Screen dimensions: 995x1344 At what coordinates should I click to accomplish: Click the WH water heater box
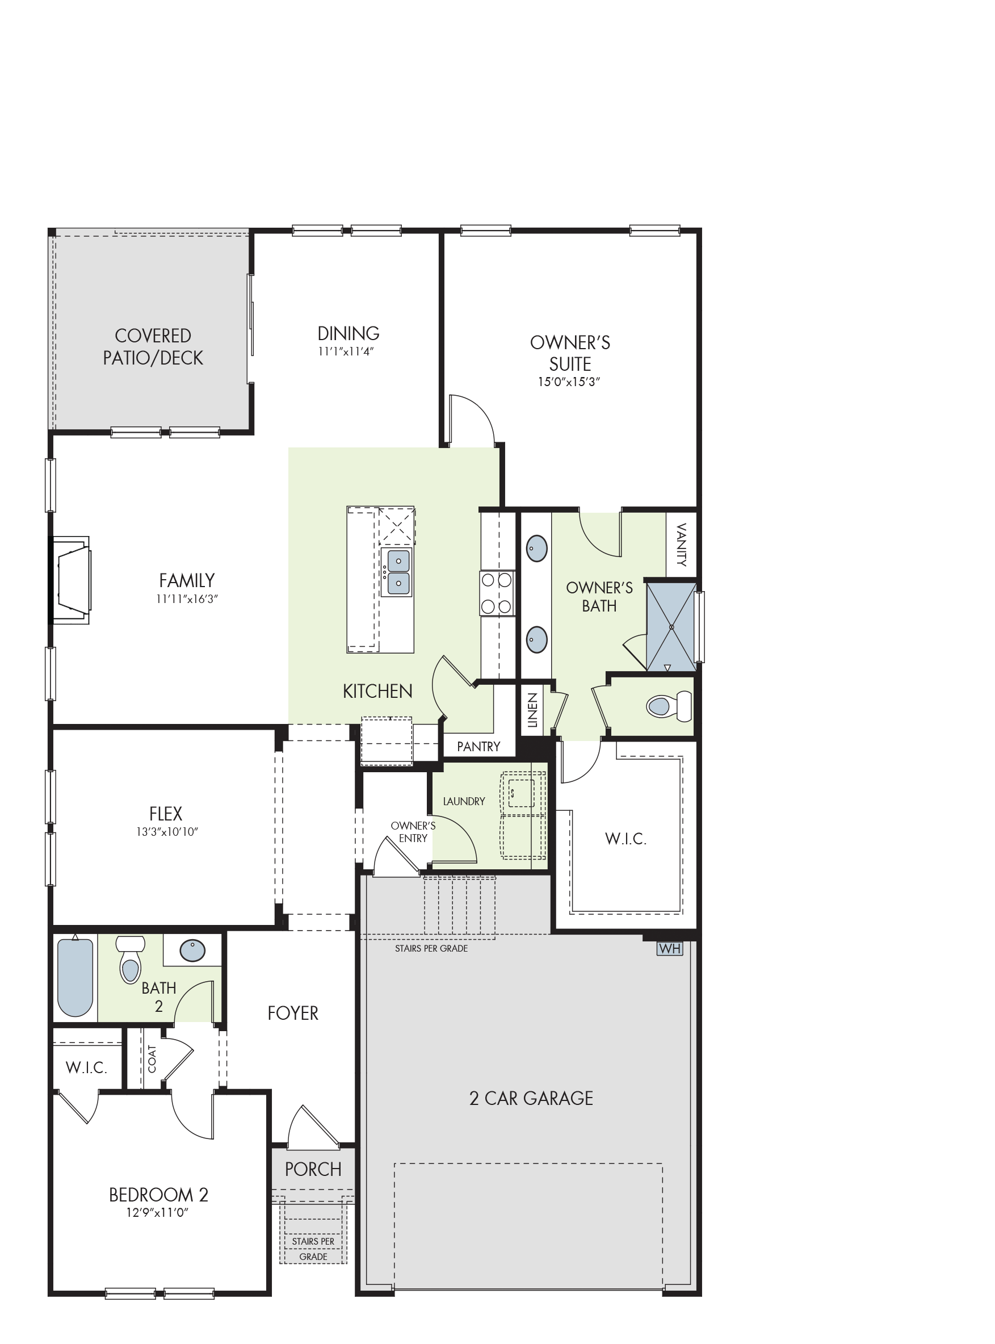coord(670,949)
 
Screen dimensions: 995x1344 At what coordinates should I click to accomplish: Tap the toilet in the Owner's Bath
coord(669,705)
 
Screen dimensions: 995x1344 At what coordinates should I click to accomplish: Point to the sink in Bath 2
coord(193,951)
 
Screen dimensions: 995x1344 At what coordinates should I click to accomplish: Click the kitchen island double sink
coord(398,572)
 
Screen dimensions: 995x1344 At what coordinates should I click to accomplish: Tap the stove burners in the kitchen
coord(497,593)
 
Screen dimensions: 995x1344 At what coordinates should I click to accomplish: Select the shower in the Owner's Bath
coord(671,626)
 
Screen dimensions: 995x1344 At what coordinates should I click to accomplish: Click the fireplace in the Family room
coord(71,580)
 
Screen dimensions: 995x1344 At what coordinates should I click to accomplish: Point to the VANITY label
coord(681,545)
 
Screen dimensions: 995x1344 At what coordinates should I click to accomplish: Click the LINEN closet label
coord(532,710)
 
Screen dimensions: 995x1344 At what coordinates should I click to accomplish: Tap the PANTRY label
coord(479,747)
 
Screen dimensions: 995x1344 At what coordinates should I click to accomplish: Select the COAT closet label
coord(152,1059)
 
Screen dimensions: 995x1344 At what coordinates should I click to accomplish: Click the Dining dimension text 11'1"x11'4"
coord(346,351)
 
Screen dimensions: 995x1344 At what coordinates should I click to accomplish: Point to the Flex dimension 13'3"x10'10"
coord(167,832)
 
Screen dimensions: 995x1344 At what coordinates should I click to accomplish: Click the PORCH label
coord(313,1169)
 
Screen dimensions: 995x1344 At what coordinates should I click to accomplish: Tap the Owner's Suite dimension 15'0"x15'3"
coord(569,382)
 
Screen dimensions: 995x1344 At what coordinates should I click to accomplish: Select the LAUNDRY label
coord(464,801)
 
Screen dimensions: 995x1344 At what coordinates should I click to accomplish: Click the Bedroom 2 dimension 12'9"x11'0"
coord(157,1212)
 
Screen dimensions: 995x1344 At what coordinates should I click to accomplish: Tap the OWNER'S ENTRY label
coord(413,832)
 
